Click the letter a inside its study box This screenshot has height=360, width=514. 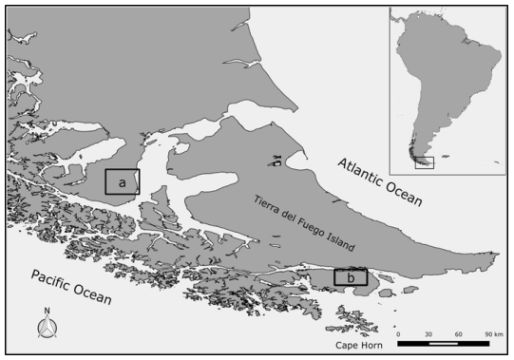tap(122, 180)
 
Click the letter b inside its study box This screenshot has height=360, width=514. tap(351, 278)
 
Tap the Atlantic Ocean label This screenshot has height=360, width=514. tap(382, 181)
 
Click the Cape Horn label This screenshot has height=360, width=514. tap(358, 345)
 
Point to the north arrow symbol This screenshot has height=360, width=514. tap(47, 328)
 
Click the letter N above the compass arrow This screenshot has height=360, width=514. tap(47, 312)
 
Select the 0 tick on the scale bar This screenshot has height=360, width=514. tap(398, 334)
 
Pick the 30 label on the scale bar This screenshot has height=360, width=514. tap(428, 334)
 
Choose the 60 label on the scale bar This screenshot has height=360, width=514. tap(459, 334)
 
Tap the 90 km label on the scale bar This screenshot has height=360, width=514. tap(492, 334)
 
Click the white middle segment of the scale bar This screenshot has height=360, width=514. tap(444, 343)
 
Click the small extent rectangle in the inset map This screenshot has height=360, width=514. tap(426, 163)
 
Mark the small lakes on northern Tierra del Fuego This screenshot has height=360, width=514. tap(276, 161)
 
